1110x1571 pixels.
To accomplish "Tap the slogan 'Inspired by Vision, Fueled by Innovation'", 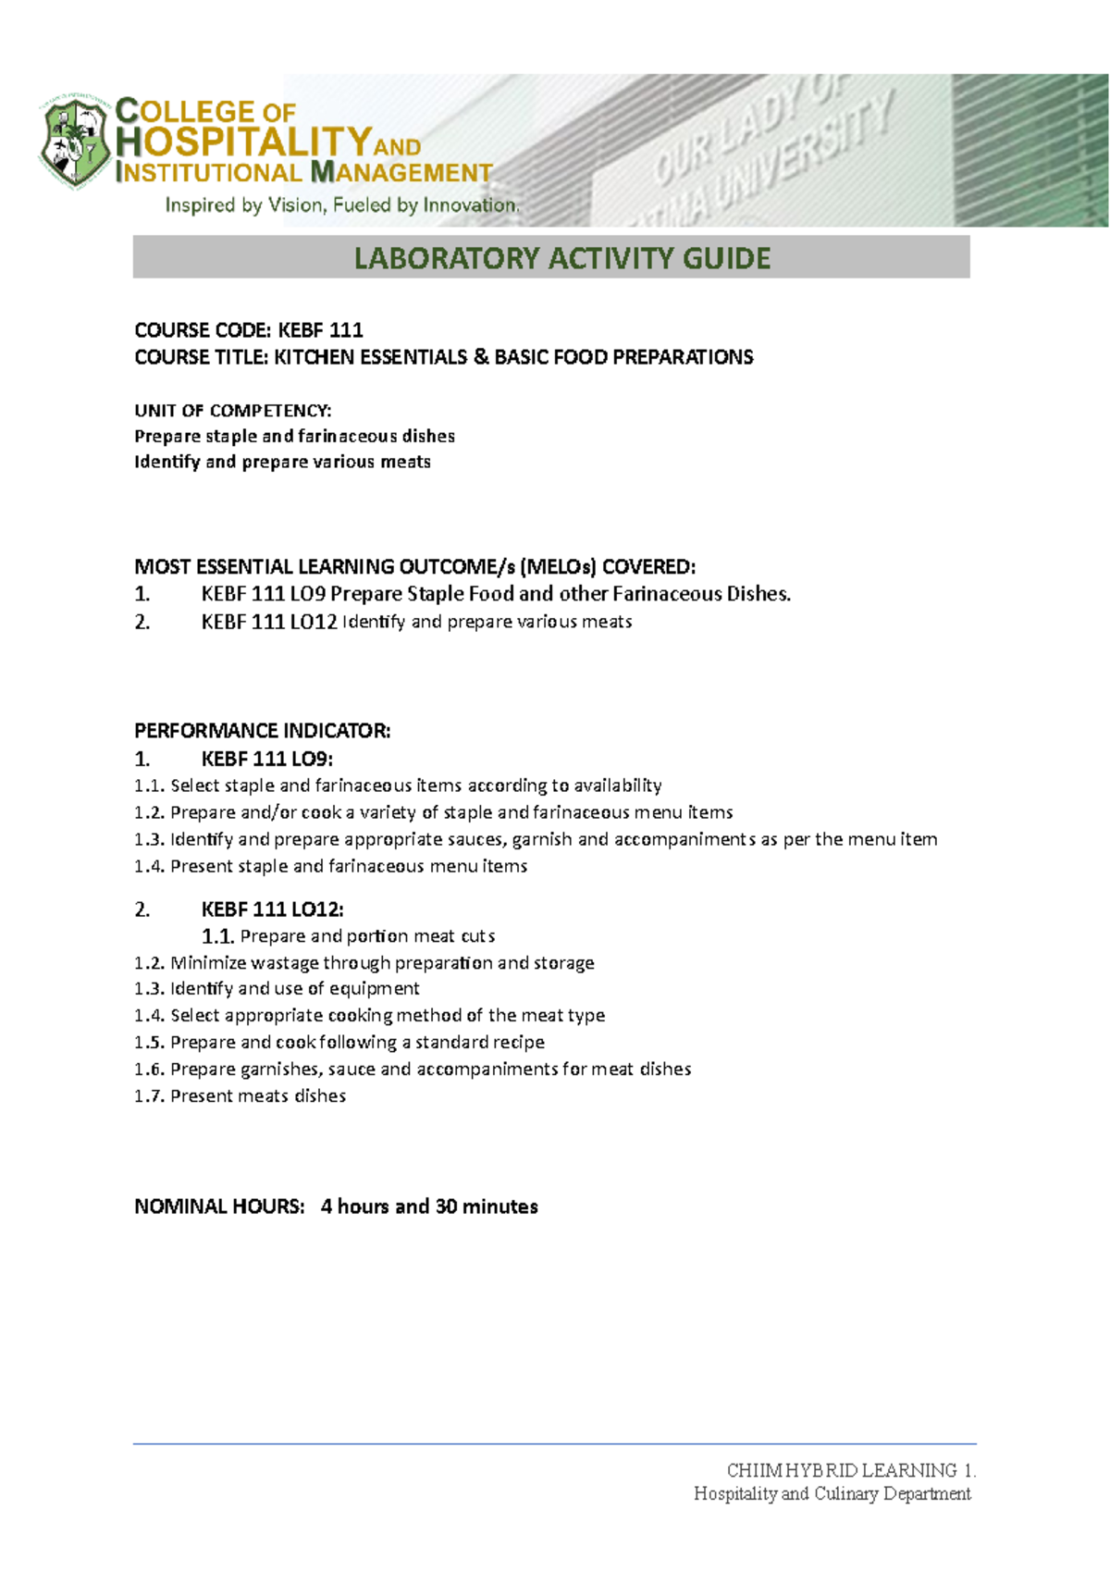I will [x=342, y=205].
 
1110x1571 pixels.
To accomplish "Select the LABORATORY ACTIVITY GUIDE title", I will [x=561, y=258].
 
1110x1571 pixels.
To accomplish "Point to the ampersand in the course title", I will [x=480, y=357].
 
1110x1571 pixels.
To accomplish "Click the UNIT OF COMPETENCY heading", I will [x=232, y=410].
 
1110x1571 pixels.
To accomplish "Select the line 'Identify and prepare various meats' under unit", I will [x=282, y=462].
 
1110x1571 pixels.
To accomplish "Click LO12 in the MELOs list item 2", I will [x=313, y=622].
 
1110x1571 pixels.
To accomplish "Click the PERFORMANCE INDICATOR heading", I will [x=262, y=731].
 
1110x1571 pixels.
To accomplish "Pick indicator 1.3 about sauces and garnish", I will [x=535, y=839].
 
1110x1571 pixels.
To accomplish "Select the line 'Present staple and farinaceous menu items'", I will [x=330, y=866].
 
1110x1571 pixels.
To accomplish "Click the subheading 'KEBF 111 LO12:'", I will [x=272, y=909].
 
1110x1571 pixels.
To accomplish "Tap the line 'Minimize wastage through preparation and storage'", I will [x=364, y=963].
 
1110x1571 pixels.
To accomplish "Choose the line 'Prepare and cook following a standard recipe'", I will [x=339, y=1042].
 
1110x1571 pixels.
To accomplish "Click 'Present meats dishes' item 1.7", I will [x=240, y=1095].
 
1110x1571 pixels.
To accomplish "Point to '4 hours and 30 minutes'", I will [x=429, y=1206].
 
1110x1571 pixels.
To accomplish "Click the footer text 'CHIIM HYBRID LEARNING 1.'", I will [x=850, y=1470].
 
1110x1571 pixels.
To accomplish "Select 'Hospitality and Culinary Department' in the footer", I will [x=832, y=1493].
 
